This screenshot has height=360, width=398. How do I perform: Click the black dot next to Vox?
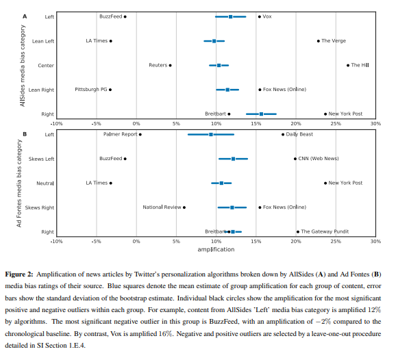pyautogui.click(x=260, y=16)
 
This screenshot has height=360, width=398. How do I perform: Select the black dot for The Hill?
pyautogui.click(x=348, y=66)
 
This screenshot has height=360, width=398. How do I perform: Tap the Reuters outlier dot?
pyautogui.click(x=171, y=66)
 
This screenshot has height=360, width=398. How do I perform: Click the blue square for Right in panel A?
pyautogui.click(x=261, y=114)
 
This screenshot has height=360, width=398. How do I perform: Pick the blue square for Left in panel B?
pyautogui.click(x=211, y=134)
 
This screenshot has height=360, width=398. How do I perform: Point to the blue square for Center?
pyautogui.click(x=219, y=66)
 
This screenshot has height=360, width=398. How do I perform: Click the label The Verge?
pyautogui.click(x=334, y=41)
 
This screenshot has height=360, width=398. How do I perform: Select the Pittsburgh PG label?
pyautogui.click(x=91, y=90)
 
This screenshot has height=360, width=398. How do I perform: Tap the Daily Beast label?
pyautogui.click(x=299, y=134)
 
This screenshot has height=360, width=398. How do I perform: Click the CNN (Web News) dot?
pyautogui.click(x=295, y=159)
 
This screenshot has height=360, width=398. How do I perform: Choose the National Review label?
pyautogui.click(x=162, y=207)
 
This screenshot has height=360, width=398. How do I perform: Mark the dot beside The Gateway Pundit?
pyautogui.click(x=298, y=232)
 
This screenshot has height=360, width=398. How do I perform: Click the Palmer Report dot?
pyautogui.click(x=140, y=134)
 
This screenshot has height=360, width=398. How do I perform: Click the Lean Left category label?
pyautogui.click(x=43, y=41)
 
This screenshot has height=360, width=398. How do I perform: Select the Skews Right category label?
pyautogui.click(x=40, y=208)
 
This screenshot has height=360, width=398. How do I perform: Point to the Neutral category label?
pyautogui.click(x=45, y=183)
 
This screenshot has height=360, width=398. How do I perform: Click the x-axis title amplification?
pyautogui.click(x=216, y=250)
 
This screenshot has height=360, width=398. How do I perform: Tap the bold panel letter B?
pyautogui.click(x=25, y=134)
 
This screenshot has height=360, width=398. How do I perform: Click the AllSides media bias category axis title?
pyautogui.click(x=23, y=66)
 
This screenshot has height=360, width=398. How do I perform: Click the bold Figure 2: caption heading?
pyautogui.click(x=19, y=274)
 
